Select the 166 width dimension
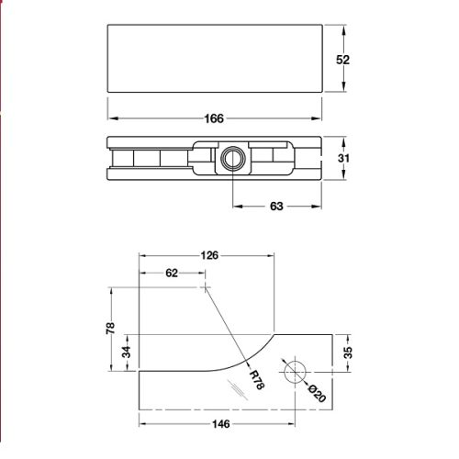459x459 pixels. (215, 118)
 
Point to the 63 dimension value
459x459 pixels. (275, 207)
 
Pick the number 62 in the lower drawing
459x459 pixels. (172, 273)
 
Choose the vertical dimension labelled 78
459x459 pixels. (109, 328)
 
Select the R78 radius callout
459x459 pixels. (257, 379)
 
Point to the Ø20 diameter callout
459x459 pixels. (315, 392)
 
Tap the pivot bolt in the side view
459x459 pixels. (229, 159)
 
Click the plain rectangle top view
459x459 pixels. (215, 59)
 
